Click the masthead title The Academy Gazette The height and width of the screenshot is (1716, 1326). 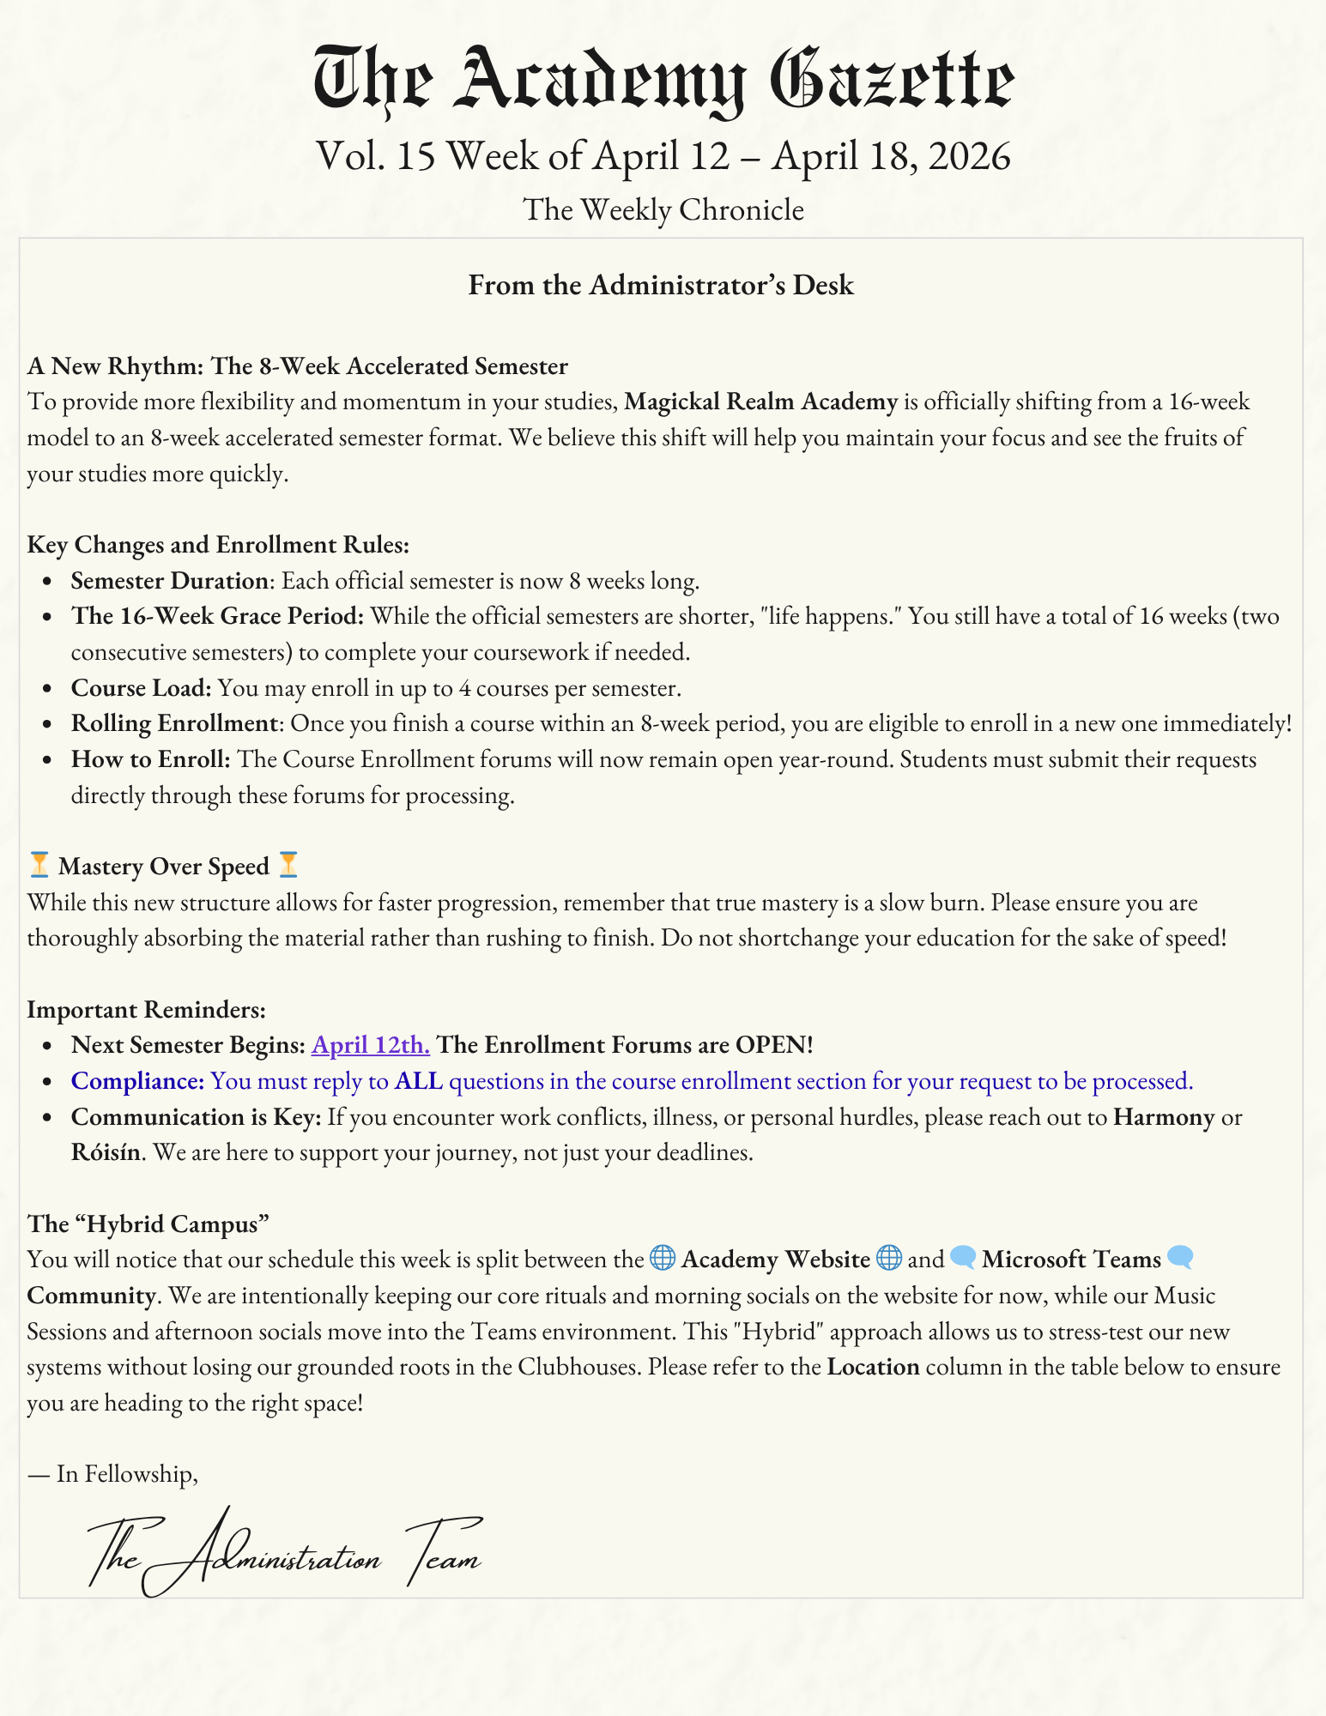click(663, 82)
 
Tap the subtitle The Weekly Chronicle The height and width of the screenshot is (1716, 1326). click(663, 209)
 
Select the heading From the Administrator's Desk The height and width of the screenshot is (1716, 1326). click(661, 285)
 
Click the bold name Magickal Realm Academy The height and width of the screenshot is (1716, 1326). click(760, 402)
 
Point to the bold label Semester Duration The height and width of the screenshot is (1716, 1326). click(170, 581)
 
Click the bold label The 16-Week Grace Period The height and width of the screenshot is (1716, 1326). click(218, 616)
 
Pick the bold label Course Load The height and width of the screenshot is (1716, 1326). click(141, 688)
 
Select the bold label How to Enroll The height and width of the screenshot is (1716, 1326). click(151, 759)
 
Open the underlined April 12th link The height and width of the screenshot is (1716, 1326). click(370, 1045)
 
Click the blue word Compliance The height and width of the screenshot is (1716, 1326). click(137, 1081)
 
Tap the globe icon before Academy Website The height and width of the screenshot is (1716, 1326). click(662, 1259)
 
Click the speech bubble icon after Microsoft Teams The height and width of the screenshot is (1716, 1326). click(1181, 1259)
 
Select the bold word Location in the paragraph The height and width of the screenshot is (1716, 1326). click(873, 1367)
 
